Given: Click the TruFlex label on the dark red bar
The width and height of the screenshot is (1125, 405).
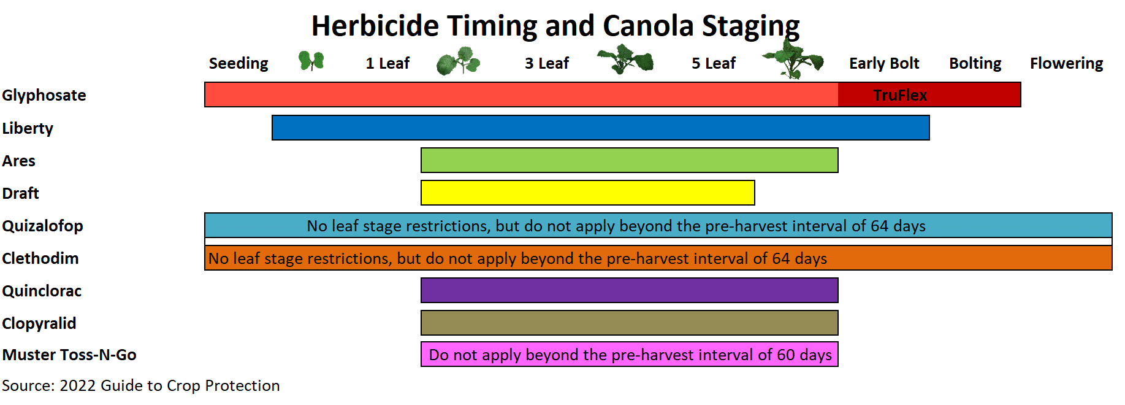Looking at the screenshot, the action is [x=900, y=95].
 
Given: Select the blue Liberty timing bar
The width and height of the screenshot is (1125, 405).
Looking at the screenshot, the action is [x=601, y=128].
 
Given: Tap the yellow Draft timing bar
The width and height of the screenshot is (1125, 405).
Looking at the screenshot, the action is [x=588, y=193].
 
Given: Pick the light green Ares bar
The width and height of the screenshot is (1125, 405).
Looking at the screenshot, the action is [x=630, y=160].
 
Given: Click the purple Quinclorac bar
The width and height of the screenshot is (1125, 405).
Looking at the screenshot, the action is [x=630, y=290].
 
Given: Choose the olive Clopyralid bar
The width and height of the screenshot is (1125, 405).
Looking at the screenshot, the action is [x=630, y=323].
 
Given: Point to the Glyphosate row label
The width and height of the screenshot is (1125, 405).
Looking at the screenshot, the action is [x=44, y=96].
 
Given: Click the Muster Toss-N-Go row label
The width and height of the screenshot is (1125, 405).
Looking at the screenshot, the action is [x=69, y=355].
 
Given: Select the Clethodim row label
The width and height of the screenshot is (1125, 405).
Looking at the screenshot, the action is [x=40, y=258].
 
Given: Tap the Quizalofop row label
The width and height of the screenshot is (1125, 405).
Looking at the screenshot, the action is [x=42, y=226].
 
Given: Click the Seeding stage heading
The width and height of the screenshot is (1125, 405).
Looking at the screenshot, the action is [x=238, y=64].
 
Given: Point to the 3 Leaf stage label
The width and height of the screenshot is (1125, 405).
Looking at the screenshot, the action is [x=547, y=63].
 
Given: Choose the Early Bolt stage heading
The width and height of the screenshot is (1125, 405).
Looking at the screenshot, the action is [x=884, y=63].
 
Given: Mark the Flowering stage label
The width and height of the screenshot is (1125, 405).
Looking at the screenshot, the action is [x=1066, y=64].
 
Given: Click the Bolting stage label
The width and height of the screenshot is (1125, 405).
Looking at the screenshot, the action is [x=975, y=64].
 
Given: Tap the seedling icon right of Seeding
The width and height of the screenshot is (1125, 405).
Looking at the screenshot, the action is [x=311, y=61].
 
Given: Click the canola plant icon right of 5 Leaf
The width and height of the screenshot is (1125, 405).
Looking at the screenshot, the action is [x=793, y=58].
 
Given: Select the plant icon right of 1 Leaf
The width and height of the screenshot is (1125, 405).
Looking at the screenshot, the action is [x=458, y=61].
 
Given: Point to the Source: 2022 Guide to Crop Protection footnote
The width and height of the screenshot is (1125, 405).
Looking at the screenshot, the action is [x=141, y=385].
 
